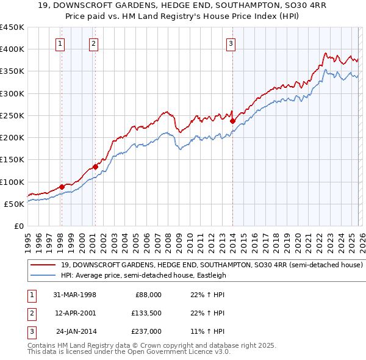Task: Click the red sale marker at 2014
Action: (232, 121)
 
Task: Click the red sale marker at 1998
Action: (62, 187)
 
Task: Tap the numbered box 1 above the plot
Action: (61, 43)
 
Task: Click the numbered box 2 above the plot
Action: (93, 43)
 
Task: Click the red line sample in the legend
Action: (42, 265)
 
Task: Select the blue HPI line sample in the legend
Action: (42, 275)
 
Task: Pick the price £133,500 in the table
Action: (146, 313)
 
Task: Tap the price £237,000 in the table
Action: (146, 331)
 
